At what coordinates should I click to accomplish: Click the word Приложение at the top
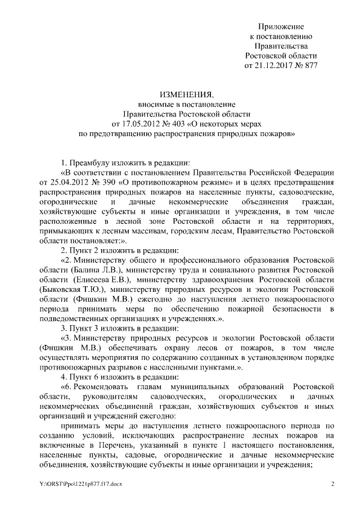point(281,26)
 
